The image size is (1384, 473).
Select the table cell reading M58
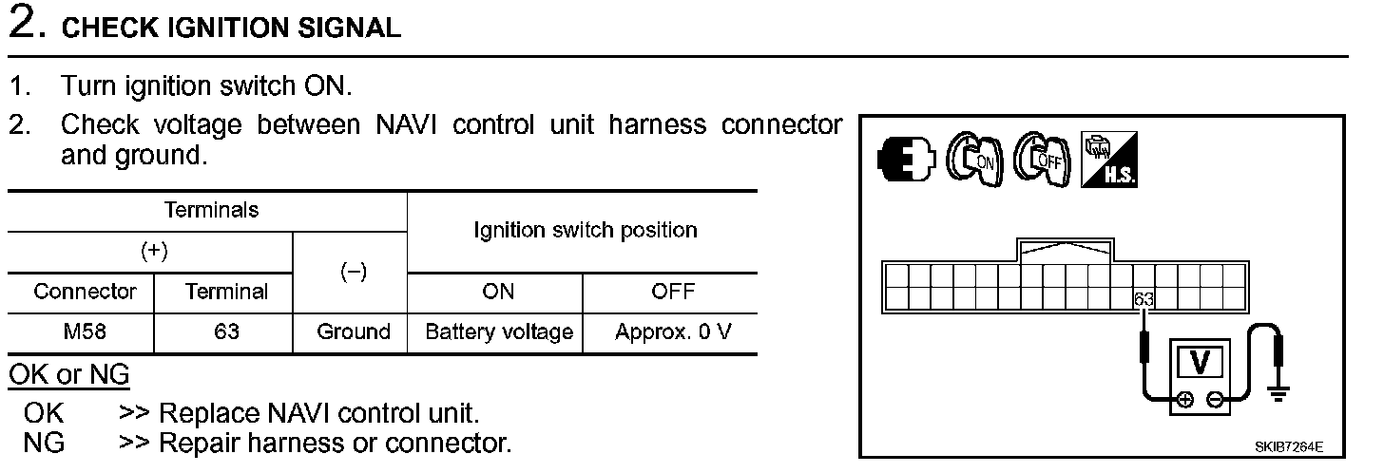[80, 332]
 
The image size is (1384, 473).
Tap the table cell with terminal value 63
[225, 332]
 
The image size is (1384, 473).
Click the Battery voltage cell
[498, 332]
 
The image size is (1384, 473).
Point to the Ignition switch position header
[585, 230]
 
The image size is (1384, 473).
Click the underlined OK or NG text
[68, 375]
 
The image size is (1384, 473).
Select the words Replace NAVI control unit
[319, 414]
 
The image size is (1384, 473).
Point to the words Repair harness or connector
[335, 444]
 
